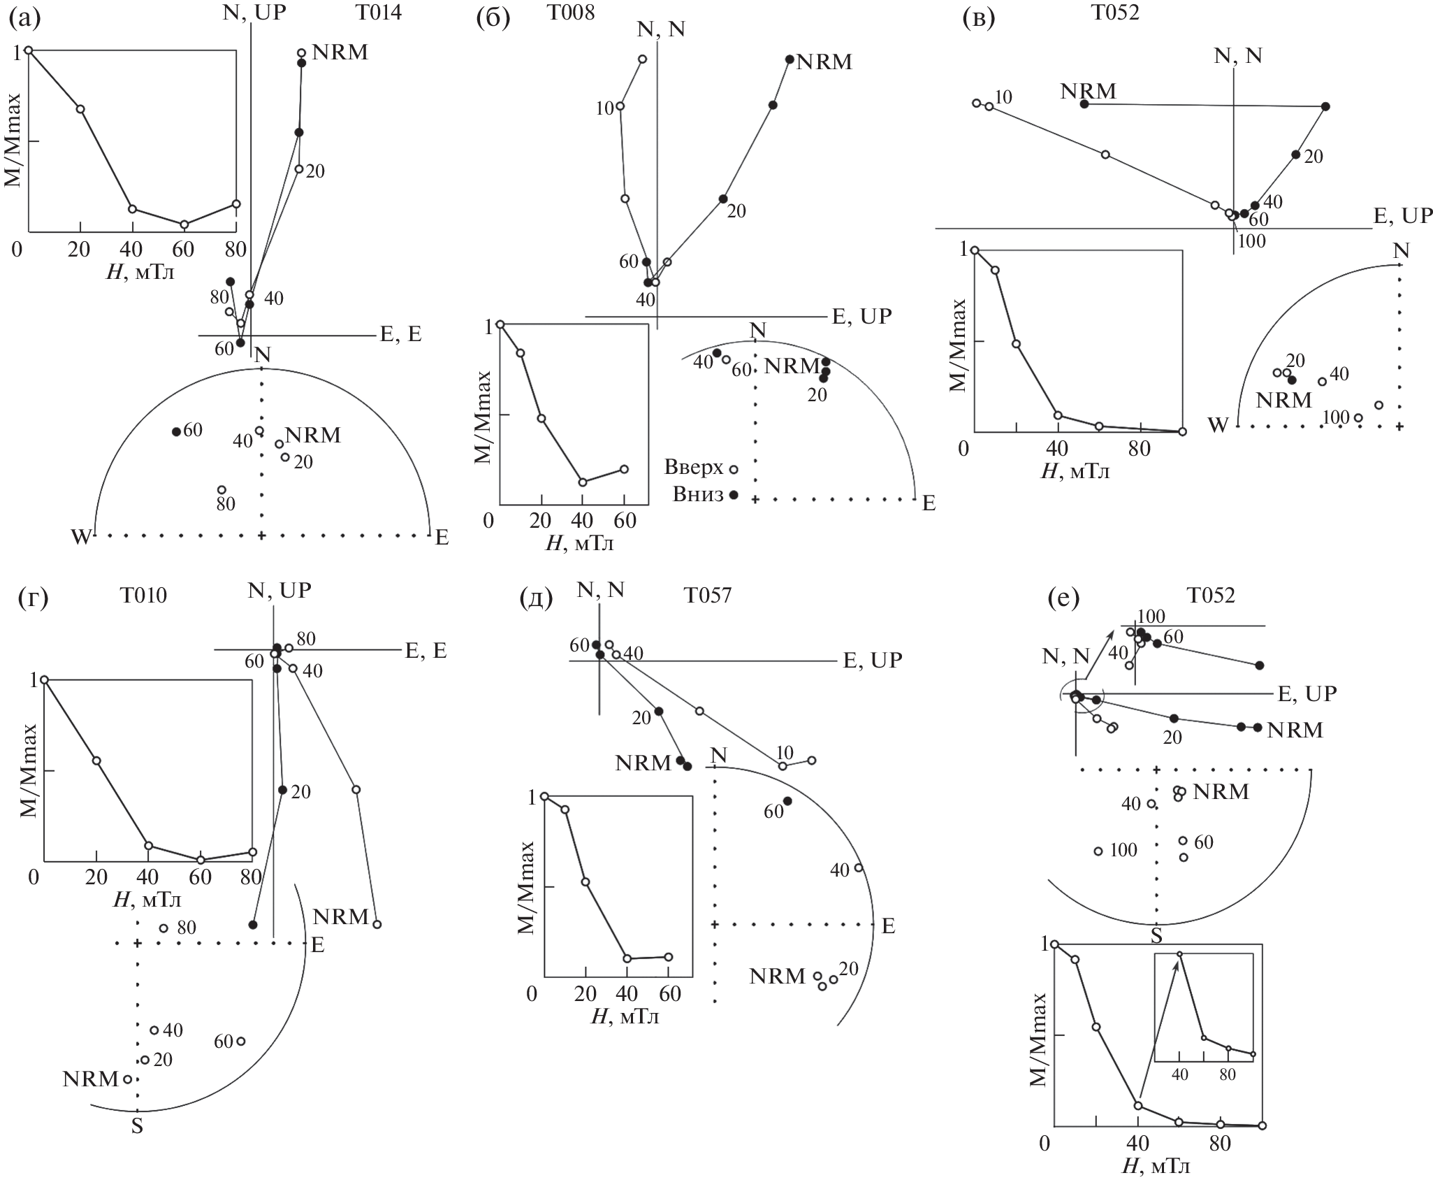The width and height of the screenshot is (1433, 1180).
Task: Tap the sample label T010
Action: coord(143,595)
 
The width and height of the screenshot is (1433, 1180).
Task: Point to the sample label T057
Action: coord(708,595)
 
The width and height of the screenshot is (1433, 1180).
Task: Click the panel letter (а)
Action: coord(24,18)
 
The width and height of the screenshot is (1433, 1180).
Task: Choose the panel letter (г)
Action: coord(32,599)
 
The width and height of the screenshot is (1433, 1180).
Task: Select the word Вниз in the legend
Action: coord(698,494)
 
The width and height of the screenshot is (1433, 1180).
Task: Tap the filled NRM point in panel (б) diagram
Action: coord(790,59)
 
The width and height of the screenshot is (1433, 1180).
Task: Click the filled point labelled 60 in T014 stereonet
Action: coord(176,431)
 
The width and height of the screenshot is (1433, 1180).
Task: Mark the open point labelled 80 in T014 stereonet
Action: coord(221,489)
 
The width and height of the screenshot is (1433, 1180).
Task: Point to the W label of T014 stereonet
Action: coord(81,537)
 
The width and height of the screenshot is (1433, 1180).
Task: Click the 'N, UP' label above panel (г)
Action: coord(279,591)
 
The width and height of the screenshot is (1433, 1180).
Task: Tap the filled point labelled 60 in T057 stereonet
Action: coord(787,801)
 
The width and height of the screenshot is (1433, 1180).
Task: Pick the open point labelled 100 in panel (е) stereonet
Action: coord(1098,851)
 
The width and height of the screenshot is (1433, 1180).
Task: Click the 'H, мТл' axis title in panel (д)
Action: coord(625,1016)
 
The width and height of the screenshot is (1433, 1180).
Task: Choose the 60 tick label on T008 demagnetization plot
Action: coord(625,521)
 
